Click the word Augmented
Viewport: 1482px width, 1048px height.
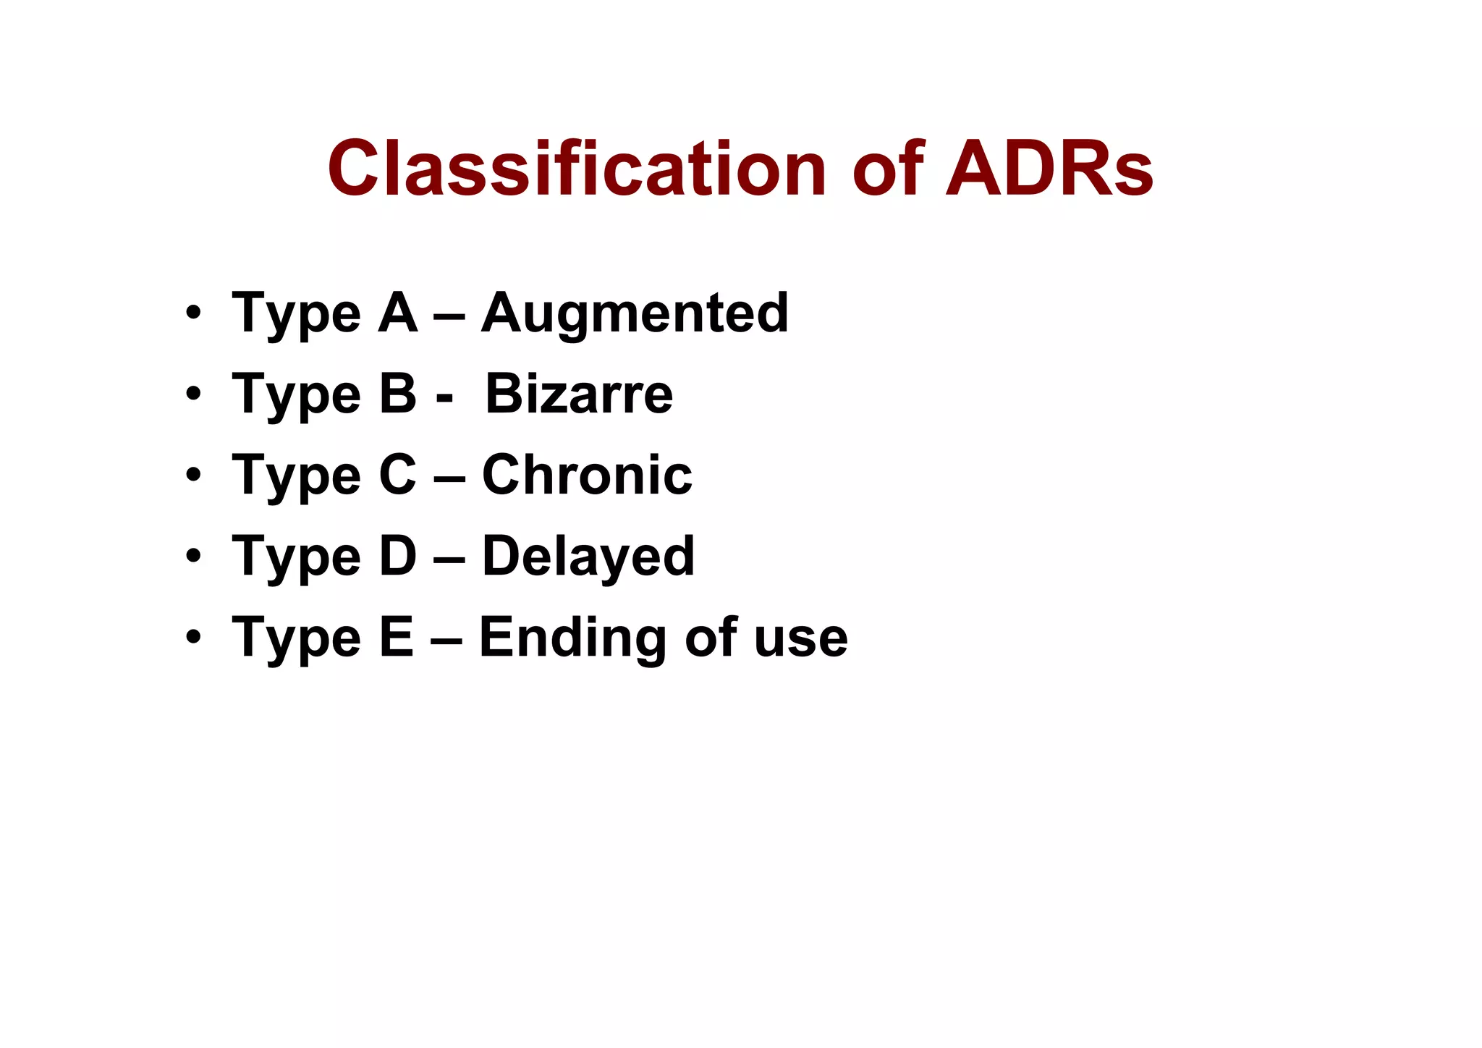(x=635, y=314)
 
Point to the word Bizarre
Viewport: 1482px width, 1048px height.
(x=579, y=395)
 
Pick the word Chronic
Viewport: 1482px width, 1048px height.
(x=587, y=476)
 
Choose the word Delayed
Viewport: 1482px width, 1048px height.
(x=588, y=557)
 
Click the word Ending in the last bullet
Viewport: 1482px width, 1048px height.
(x=572, y=638)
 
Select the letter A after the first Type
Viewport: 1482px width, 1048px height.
(x=398, y=314)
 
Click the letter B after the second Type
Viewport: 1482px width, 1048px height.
(x=398, y=395)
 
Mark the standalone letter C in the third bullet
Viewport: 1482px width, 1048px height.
(x=398, y=476)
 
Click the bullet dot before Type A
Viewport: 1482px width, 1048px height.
(x=192, y=314)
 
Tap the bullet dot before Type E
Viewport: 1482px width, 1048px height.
(x=192, y=638)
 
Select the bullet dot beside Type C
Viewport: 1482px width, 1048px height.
(x=192, y=476)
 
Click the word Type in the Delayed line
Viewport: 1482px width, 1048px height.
(x=296, y=557)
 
